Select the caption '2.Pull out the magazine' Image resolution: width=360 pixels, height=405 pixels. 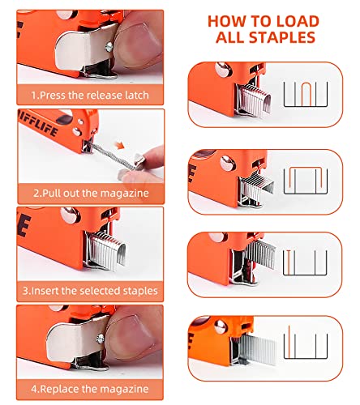(x=90, y=194)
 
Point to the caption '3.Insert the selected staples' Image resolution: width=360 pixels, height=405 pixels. (x=90, y=290)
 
